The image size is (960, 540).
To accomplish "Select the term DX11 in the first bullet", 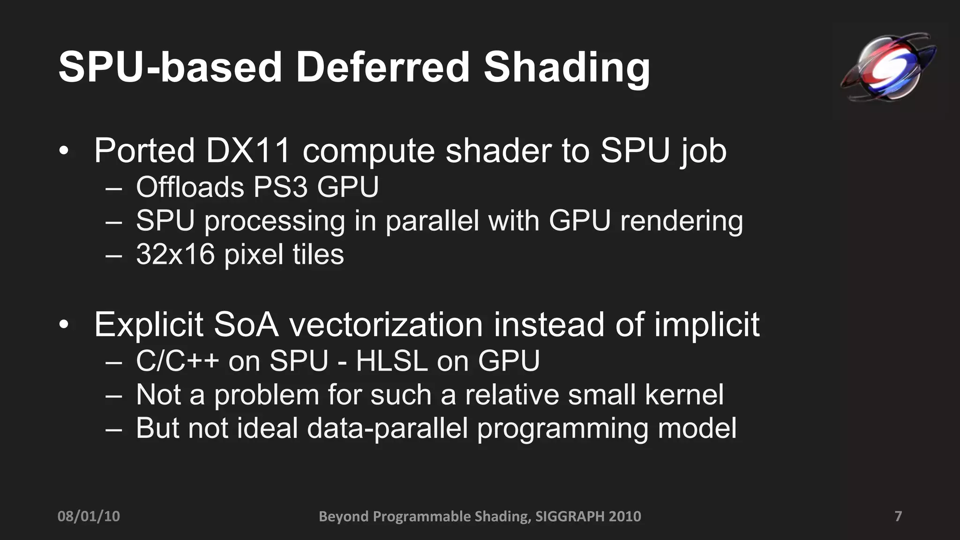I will click(x=248, y=150).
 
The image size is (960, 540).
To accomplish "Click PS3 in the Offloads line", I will click(x=280, y=187).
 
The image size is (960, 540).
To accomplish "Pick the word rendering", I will click(x=682, y=221).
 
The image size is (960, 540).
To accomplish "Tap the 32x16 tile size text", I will click(x=175, y=254).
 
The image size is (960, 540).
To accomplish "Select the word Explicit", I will click(x=149, y=324).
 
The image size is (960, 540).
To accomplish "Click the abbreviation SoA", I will click(x=246, y=324).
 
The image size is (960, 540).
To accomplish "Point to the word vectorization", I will click(x=386, y=324).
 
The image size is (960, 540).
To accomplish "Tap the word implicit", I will click(x=707, y=325).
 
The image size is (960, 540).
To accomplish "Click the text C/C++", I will click(x=178, y=361).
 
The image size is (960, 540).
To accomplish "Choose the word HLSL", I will click(x=392, y=361).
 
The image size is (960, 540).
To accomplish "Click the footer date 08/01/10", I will click(x=89, y=516).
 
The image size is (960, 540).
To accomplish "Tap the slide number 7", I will click(x=898, y=516).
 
